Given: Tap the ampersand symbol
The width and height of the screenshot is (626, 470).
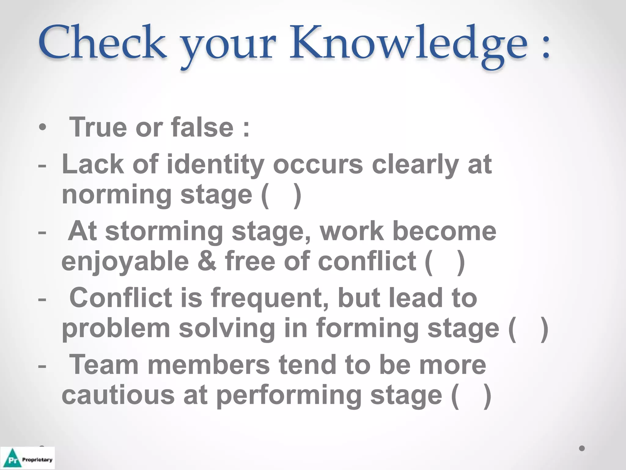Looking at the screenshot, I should [x=207, y=262].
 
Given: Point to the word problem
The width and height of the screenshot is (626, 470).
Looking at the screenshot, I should [x=116, y=329].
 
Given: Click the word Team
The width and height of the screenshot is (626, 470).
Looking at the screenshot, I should [x=104, y=364].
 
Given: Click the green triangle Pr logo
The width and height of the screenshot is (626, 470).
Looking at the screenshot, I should [x=12, y=458].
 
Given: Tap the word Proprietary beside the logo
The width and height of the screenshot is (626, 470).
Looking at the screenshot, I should [x=37, y=460].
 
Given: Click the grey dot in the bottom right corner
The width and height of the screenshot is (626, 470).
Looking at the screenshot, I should [x=582, y=448].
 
